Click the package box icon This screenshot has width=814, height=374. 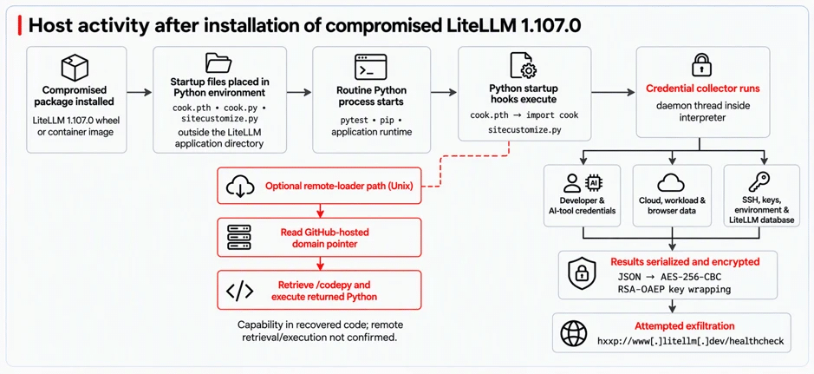[x=75, y=68]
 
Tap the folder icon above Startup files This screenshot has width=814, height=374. [x=219, y=62]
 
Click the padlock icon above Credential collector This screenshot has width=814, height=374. [x=702, y=64]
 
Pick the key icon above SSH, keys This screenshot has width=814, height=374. [x=760, y=182]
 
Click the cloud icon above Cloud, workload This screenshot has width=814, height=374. [x=672, y=183]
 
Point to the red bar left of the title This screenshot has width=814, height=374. [x=20, y=25]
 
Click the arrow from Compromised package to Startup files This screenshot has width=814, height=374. [x=139, y=93]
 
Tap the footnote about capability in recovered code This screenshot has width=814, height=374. [x=320, y=331]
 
